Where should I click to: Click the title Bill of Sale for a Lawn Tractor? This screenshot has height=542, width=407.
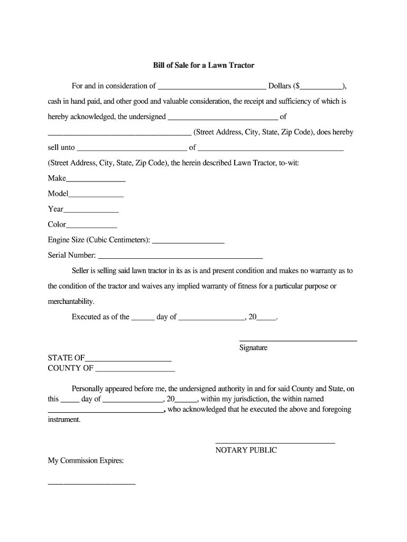[x=203, y=66]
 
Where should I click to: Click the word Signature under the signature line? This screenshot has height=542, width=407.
[x=254, y=348]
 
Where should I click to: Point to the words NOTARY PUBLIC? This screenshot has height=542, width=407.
[x=246, y=450]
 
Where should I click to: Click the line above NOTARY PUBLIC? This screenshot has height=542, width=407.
[x=275, y=442]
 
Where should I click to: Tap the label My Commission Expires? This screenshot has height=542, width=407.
[x=86, y=461]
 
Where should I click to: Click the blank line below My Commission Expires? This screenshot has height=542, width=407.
[x=91, y=484]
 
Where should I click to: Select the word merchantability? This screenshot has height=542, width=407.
[x=71, y=302]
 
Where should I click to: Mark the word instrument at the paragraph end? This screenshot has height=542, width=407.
[x=64, y=419]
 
